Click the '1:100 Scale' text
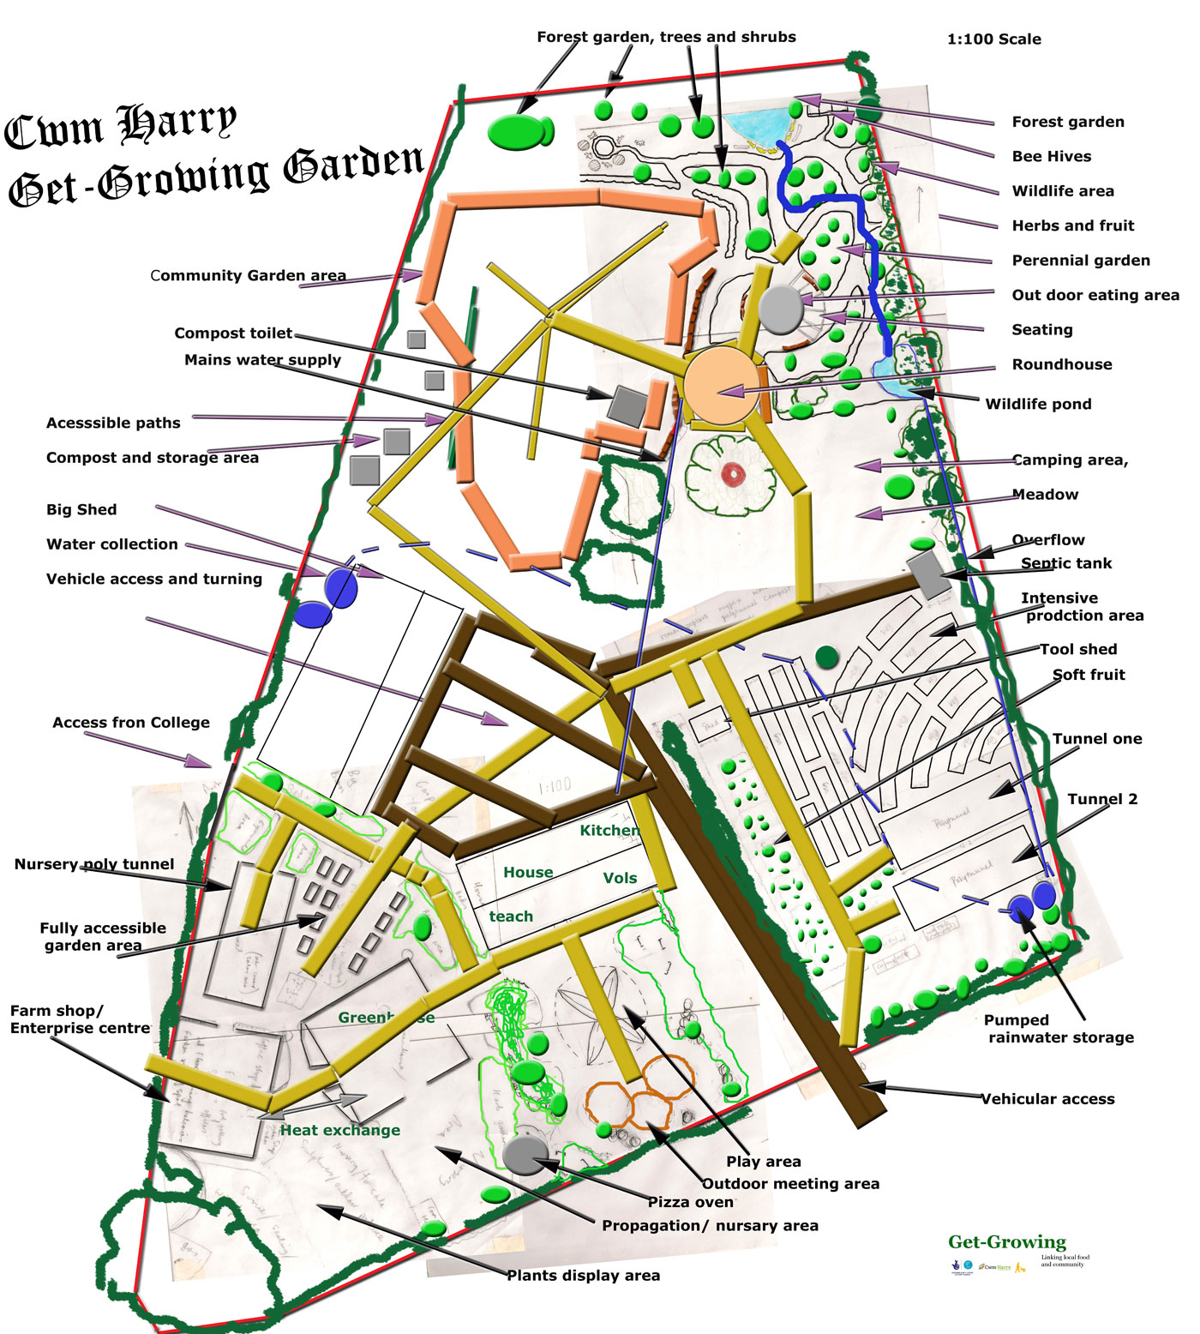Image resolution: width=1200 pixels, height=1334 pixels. point(993,39)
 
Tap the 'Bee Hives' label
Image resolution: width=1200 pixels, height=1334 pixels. point(1051,156)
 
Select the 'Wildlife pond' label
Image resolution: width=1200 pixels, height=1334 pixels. point(1038,404)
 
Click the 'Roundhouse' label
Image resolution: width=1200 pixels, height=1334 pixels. point(1061,364)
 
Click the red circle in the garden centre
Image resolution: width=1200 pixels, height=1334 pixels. point(732,473)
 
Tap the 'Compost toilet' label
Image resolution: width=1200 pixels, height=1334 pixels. point(233,333)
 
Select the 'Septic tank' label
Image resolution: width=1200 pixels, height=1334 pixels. point(1065,563)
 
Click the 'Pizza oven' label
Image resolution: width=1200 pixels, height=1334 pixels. point(690,1202)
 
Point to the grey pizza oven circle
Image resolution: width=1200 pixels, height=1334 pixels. point(525,1154)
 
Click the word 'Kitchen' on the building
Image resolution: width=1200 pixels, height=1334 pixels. point(609,830)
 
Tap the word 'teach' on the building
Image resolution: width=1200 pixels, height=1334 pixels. point(511,916)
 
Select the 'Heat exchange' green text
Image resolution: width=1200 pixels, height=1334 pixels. point(340,1130)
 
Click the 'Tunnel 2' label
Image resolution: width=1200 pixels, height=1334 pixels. point(1102,799)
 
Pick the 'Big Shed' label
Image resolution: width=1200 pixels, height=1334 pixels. point(81,509)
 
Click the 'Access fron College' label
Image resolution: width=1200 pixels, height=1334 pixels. point(131,723)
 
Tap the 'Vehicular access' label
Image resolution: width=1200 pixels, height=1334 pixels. point(1047,1099)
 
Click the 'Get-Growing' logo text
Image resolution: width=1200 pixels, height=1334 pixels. point(1006,1241)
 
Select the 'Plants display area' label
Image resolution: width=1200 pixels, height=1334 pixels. point(583,1276)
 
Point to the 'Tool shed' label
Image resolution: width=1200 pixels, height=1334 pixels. point(1078,649)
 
